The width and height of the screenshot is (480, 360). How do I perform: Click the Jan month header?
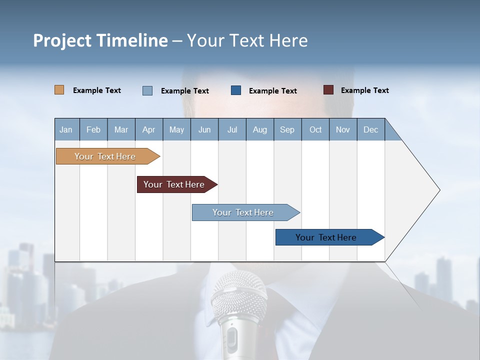[x=66, y=129]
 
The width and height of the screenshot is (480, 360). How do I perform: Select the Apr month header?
[x=149, y=129]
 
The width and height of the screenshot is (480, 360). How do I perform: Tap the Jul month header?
[x=232, y=129]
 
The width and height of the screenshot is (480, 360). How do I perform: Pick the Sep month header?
[x=287, y=129]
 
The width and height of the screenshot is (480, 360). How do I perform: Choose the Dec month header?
[x=370, y=129]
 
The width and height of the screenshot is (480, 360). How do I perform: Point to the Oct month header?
[x=315, y=129]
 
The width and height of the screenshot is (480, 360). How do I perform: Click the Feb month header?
[x=93, y=129]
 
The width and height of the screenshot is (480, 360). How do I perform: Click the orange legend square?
[x=59, y=90]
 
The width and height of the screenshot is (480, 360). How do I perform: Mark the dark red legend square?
[x=328, y=90]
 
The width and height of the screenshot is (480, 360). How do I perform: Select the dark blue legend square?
[x=236, y=90]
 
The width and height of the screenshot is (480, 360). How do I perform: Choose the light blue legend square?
[x=147, y=90]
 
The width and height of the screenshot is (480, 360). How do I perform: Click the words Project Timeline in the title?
[x=100, y=40]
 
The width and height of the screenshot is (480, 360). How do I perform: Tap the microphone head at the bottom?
[x=238, y=295]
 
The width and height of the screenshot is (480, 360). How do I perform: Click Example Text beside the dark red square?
[x=364, y=90]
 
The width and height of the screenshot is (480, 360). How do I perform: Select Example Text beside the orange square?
[x=97, y=90]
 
